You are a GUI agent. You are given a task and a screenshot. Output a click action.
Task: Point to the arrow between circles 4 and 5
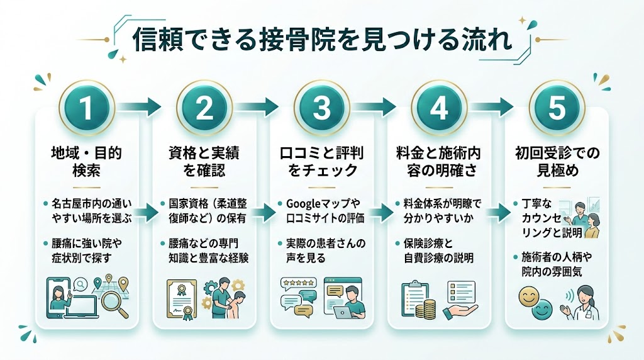pyautogui.click(x=498, y=106)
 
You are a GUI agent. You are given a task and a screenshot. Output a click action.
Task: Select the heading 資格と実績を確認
pyautogui.click(x=204, y=161)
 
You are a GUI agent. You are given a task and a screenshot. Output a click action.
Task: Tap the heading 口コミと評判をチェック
pyautogui.click(x=321, y=161)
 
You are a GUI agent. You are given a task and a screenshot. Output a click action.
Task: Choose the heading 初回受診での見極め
pyautogui.click(x=557, y=161)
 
